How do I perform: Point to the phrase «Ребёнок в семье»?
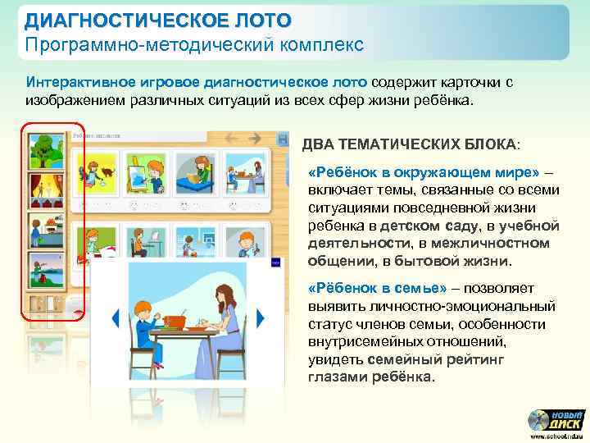coord(375,289)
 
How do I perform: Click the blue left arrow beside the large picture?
coord(116,317)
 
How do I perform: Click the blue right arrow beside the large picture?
coord(261,317)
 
